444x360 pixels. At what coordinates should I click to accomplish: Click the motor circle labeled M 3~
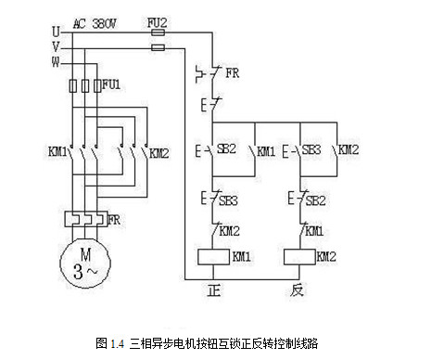coord(84,263)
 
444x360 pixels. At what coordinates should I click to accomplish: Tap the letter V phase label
coord(56,46)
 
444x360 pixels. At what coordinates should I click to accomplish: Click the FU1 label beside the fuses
coord(112,84)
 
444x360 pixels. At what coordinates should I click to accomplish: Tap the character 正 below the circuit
coord(214,289)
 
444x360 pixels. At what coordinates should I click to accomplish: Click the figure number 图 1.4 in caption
coord(109,343)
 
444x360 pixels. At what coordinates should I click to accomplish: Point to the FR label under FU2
coord(232,70)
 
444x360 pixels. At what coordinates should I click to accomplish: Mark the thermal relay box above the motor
coord(84,221)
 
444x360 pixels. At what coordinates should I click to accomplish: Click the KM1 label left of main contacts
coord(56,151)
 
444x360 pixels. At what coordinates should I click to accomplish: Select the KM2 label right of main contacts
coord(159,151)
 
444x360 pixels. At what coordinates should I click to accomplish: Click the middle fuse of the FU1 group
coord(84,86)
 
